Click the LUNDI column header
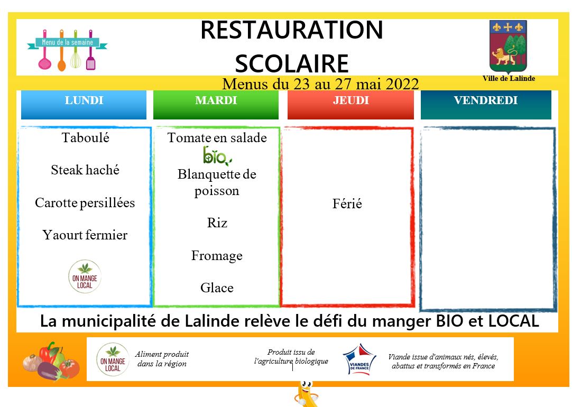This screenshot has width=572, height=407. point(84,105)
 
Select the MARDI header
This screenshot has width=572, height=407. point(216,105)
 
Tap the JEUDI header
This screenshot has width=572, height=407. point(350,105)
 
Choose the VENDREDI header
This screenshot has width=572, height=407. point(486,105)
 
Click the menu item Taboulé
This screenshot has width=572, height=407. point(85,138)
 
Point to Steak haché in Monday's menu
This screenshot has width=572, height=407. point(85,170)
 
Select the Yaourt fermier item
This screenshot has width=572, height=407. point(85,235)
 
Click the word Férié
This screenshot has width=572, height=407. point(347,203)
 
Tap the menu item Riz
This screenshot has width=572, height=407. point(217,223)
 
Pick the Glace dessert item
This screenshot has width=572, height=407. point(217,288)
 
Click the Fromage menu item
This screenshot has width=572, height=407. point(217,256)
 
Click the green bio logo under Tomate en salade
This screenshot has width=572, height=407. point(217,156)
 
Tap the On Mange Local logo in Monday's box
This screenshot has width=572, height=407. point(85,276)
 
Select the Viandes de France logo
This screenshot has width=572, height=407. point(359,359)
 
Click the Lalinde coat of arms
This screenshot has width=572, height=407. point(508,47)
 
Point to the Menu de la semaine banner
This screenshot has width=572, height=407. point(67,50)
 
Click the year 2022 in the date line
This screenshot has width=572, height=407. point(402,84)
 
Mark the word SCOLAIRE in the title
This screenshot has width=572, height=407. point(292,64)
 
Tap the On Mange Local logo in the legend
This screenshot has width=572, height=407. point(113,359)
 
